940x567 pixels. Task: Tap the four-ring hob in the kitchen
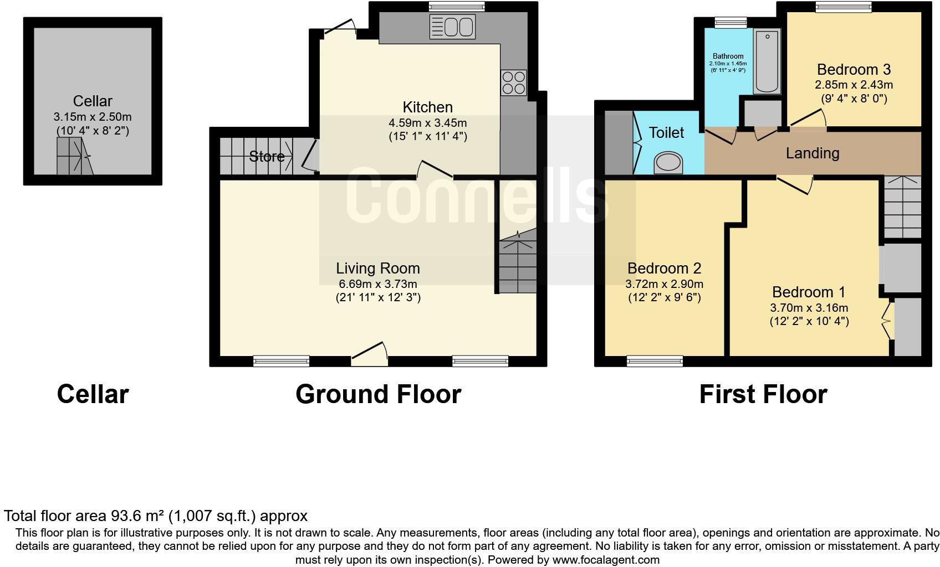click(513, 83)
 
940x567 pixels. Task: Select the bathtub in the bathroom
click(767, 61)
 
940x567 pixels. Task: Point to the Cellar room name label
click(93, 101)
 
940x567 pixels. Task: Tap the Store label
click(267, 157)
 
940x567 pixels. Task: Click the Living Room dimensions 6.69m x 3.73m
click(378, 284)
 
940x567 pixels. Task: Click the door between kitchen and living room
click(435, 169)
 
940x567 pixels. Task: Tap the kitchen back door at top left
click(341, 27)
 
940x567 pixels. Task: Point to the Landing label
click(812, 153)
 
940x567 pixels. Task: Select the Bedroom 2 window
click(655, 361)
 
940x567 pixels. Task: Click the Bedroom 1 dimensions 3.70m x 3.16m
click(809, 308)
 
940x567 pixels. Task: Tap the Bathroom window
click(730, 22)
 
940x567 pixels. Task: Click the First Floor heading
click(763, 394)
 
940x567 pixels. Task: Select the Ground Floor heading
click(378, 394)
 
